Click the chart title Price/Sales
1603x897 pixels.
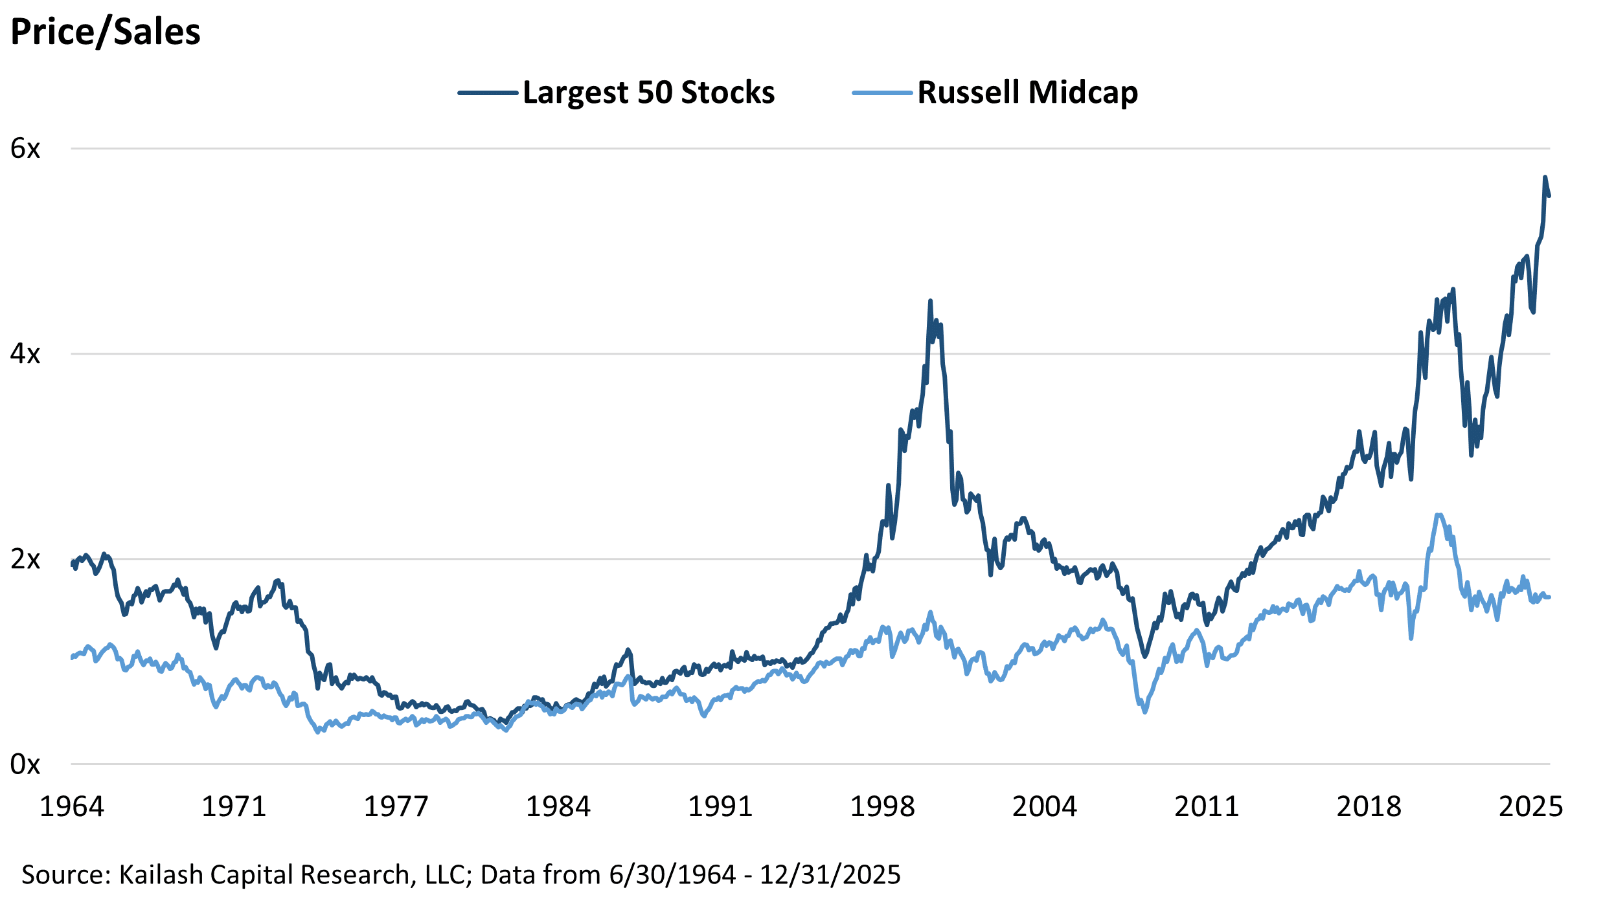point(106,32)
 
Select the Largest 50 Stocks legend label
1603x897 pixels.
point(648,93)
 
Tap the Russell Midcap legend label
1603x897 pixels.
point(1027,93)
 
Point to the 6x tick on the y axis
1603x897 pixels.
point(25,149)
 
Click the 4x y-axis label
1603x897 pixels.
point(25,354)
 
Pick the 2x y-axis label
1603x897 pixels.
point(25,559)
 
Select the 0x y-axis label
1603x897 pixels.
point(25,764)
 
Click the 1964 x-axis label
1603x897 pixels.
point(72,806)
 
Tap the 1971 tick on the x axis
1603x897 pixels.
point(234,806)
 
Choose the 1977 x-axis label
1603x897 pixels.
point(396,806)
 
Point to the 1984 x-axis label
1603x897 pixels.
point(558,806)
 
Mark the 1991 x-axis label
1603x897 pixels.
point(720,806)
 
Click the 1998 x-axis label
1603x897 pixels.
point(882,806)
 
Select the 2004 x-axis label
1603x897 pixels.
point(1045,806)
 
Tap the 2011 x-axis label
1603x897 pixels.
point(1207,806)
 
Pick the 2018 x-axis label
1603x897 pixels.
point(1369,806)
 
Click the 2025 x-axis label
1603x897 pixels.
point(1530,806)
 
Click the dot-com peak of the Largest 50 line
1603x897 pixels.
point(930,301)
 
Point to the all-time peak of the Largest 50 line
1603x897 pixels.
point(1545,177)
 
